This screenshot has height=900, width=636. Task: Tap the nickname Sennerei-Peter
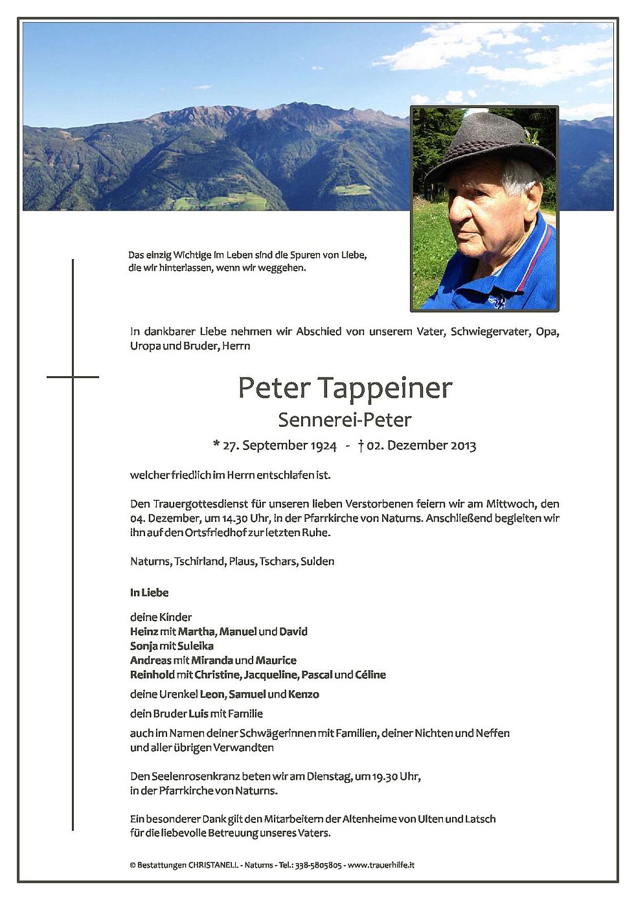pos(345,420)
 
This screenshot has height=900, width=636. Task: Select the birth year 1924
pos(323,445)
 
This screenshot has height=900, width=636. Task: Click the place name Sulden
pos(317,561)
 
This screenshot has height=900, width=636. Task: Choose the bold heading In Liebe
pos(149,592)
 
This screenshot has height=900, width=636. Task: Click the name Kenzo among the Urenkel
pos(304,694)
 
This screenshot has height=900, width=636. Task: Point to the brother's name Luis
pos(198,714)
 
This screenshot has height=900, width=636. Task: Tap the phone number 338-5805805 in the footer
pos(319,865)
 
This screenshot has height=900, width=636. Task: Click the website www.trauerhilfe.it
pos(381,865)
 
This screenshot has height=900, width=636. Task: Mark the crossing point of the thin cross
pos(73,377)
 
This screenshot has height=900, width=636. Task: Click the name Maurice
pos(276,660)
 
